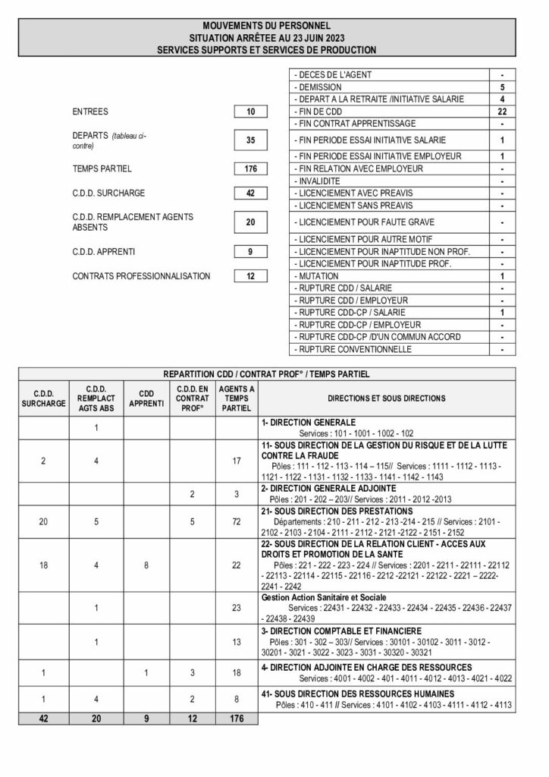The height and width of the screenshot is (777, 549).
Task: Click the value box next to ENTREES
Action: [251, 112]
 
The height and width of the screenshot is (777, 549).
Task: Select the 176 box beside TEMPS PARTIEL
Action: [251, 168]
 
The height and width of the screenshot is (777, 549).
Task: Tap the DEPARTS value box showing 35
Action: [251, 140]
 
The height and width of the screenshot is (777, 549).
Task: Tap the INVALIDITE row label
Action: [321, 181]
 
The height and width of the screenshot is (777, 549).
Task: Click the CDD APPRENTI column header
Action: [147, 398]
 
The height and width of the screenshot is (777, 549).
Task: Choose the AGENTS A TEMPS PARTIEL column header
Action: [237, 398]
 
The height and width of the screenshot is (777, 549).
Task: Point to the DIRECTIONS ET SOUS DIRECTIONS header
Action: [387, 398]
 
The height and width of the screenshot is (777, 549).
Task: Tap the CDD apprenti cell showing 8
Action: [147, 565]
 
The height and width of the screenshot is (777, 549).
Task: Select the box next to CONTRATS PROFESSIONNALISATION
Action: [251, 276]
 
